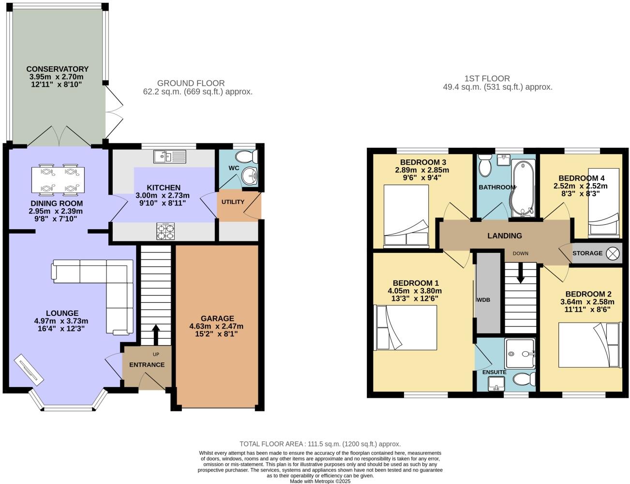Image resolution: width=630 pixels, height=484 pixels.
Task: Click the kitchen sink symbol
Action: coord(170,156)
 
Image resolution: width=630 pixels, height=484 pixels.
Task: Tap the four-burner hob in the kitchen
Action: coord(165,231)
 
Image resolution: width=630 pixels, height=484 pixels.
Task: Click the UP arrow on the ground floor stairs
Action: coord(156,334)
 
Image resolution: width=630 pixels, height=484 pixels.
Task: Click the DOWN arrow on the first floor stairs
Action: coord(521,273)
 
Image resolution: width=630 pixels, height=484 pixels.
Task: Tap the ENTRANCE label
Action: coord(147,365)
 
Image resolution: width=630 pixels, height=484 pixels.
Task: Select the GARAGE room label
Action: coord(217,318)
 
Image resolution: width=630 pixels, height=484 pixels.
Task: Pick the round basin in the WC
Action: coord(250,175)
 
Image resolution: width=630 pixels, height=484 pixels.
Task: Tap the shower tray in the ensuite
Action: coord(520,354)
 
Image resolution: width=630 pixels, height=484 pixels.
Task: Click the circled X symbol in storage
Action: coord(613,253)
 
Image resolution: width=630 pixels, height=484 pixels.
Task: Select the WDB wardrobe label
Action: coord(483,300)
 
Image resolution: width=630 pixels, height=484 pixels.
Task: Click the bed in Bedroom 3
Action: coord(406,216)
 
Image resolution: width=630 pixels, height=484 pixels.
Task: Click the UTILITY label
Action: coord(233,202)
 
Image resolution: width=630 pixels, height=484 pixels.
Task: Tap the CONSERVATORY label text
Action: coord(58,69)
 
